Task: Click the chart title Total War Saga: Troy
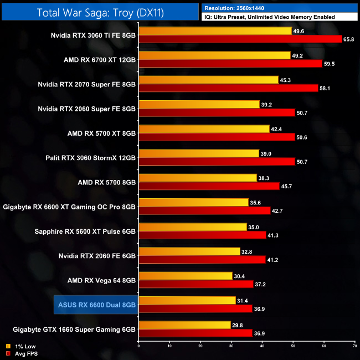(x=100, y=12)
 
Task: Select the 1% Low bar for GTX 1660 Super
(x=184, y=325)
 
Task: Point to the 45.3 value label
(x=286, y=80)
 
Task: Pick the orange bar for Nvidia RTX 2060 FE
(x=189, y=251)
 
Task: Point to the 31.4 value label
(x=243, y=300)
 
